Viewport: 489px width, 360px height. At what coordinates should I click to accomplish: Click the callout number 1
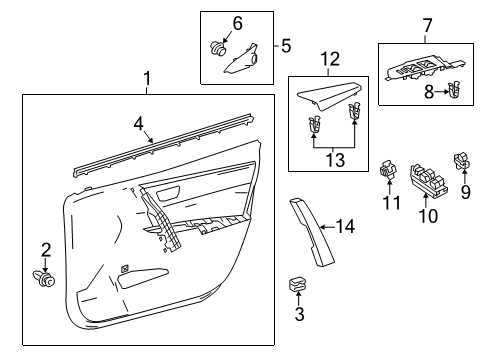[148, 79]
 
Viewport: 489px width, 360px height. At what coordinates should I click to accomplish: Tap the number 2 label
[44, 249]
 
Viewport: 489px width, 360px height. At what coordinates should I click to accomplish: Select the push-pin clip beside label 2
[44, 279]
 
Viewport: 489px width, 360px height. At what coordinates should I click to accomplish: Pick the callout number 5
[285, 45]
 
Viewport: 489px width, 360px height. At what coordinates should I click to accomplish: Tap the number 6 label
[237, 22]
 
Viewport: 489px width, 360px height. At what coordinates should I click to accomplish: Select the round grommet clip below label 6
[220, 45]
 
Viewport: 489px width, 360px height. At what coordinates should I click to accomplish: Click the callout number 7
[427, 24]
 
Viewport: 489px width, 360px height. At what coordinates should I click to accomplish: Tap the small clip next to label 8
[456, 91]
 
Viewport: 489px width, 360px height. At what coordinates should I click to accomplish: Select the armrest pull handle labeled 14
[304, 231]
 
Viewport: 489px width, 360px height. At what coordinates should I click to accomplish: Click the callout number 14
[346, 227]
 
